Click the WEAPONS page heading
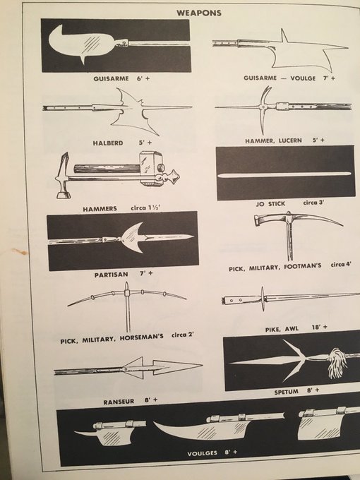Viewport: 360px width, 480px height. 198,13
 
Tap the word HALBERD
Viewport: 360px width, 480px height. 108,143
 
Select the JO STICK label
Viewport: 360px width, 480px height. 270,203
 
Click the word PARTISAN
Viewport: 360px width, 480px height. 111,275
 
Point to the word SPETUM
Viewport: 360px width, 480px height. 286,392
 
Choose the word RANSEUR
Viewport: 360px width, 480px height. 119,402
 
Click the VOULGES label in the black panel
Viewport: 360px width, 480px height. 202,453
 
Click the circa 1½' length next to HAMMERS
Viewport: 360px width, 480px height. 145,208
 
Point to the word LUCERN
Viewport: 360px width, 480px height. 290,140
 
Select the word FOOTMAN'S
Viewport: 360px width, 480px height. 302,266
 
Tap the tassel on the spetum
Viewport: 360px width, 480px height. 337,363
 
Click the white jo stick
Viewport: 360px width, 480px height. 284,174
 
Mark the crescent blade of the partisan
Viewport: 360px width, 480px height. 133,238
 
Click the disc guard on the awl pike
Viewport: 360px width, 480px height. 263,299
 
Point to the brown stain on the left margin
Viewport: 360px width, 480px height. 20,251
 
